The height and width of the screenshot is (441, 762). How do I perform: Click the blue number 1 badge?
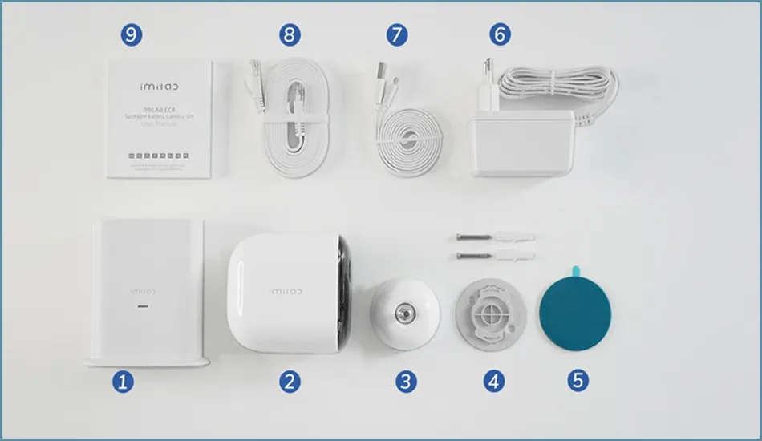pyautogui.click(x=122, y=380)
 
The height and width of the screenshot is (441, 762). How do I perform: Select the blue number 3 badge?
pyautogui.click(x=406, y=380)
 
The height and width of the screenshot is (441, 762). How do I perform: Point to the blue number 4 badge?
pyautogui.click(x=494, y=380)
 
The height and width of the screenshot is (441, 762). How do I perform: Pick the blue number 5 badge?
pyautogui.click(x=578, y=380)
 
